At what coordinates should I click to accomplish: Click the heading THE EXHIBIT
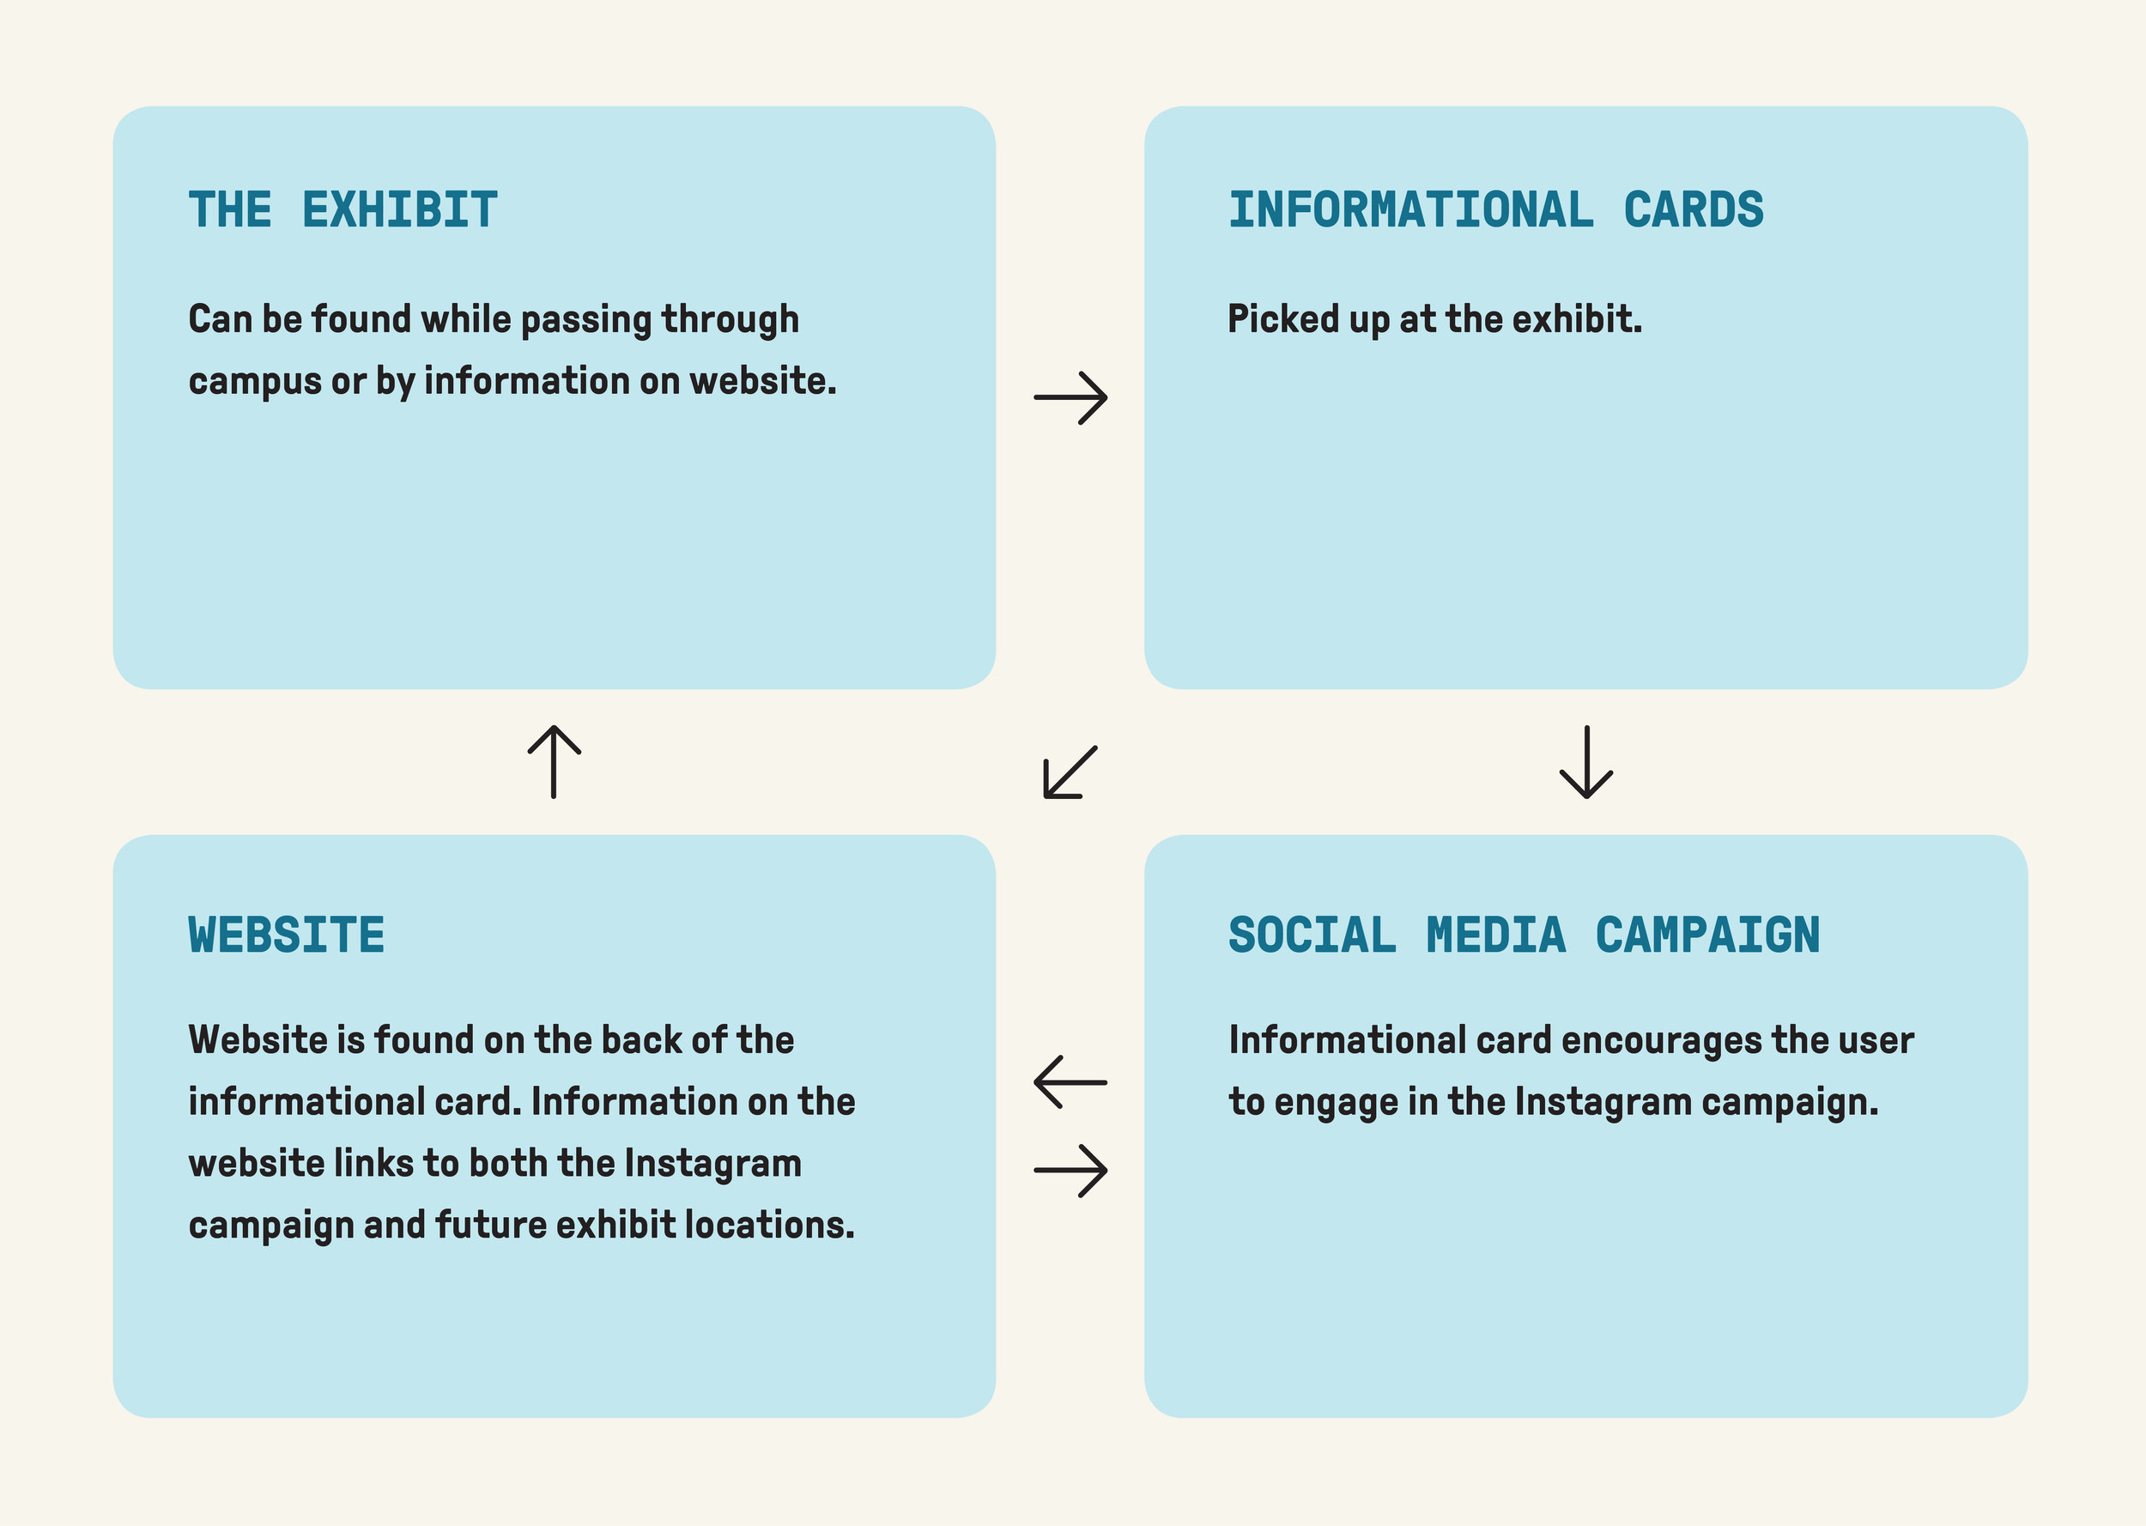[343, 209]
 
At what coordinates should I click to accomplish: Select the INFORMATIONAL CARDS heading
[1496, 209]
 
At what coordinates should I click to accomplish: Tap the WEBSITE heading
[287, 935]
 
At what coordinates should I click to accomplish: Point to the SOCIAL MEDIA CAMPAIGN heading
[1524, 935]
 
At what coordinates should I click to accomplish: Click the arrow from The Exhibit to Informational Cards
[1071, 397]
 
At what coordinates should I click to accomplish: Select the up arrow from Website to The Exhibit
[555, 762]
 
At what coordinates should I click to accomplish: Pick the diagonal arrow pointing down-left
[1070, 772]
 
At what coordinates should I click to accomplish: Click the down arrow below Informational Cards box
[1587, 762]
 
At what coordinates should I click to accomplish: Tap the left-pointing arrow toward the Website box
[1071, 1081]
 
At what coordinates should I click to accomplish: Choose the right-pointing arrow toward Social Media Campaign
[1071, 1170]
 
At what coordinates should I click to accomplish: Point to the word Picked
[1283, 319]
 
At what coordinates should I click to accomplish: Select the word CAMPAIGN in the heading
[1708, 935]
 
